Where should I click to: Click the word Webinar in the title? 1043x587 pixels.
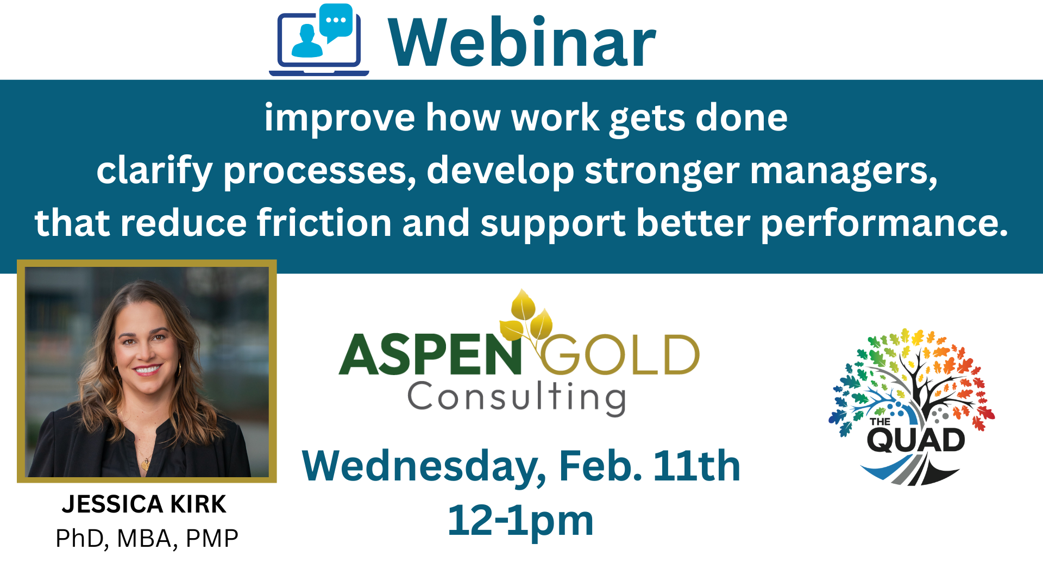pos(522,42)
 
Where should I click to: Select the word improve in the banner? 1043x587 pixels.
pos(340,118)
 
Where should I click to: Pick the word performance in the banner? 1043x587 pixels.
pos(884,224)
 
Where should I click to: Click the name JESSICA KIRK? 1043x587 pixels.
pos(144,504)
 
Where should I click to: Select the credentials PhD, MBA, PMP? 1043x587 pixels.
pos(147,539)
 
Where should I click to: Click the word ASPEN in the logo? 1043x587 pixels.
pos(430,354)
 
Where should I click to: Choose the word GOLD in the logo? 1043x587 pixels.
pos(619,354)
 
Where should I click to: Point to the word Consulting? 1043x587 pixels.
pos(517,398)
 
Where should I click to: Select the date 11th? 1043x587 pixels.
pos(697,466)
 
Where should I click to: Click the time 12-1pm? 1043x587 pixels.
pos(520,521)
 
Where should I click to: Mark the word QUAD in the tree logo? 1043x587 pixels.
pos(916,440)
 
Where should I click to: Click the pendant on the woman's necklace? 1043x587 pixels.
pos(145,464)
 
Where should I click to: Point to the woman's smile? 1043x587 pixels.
pos(147,371)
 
